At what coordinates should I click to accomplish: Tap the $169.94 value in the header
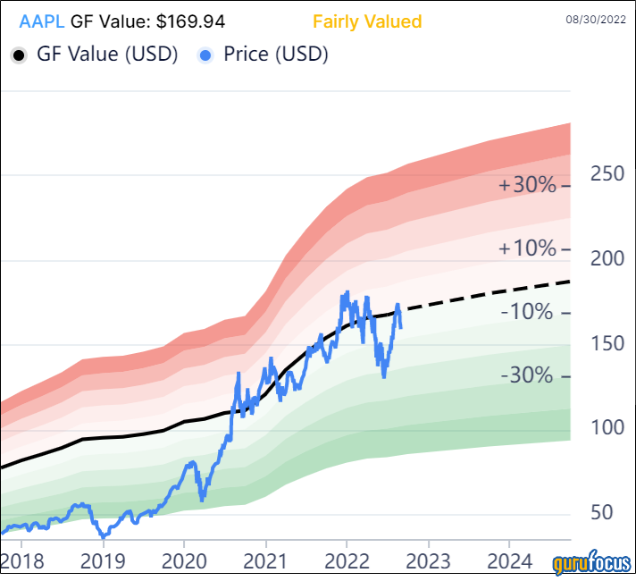point(189,21)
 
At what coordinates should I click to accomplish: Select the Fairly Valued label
point(367,21)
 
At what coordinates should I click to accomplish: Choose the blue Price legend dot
point(206,55)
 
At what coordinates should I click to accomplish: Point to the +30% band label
point(528,185)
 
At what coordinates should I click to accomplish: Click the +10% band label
point(528,248)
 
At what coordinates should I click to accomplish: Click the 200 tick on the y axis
point(607,258)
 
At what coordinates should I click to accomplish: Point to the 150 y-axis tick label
point(607,343)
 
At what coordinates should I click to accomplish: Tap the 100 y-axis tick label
point(607,427)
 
